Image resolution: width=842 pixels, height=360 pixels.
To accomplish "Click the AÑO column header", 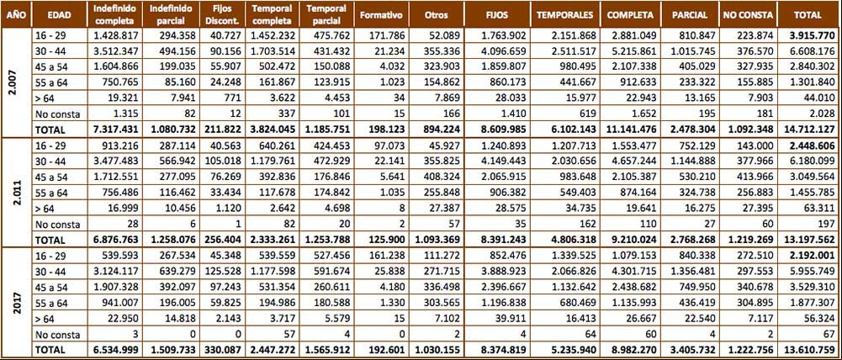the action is [14, 15].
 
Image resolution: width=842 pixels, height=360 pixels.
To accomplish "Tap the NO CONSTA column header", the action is [749, 15].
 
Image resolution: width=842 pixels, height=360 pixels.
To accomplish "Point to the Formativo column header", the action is [381, 15].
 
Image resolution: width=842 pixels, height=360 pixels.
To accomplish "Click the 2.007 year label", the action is [14, 82].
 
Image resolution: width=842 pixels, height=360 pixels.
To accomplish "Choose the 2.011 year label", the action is [14, 191].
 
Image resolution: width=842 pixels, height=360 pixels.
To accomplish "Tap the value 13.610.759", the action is [810, 349].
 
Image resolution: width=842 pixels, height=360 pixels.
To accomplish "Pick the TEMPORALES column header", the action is [565, 15].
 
